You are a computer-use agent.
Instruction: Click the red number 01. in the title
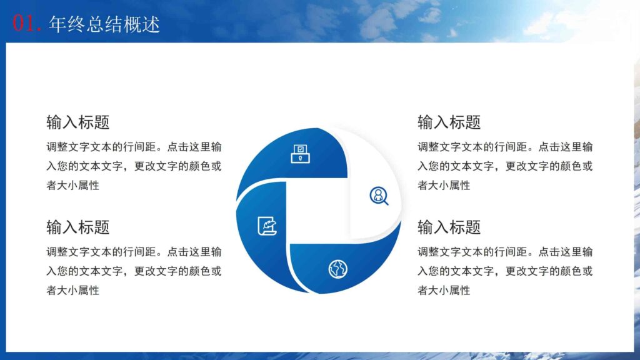(27, 24)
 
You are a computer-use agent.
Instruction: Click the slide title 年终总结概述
(104, 24)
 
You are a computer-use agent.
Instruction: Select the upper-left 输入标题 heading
(78, 122)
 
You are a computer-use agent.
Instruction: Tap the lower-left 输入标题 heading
(78, 227)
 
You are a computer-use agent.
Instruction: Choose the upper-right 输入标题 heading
(449, 122)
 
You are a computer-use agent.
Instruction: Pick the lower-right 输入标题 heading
(449, 227)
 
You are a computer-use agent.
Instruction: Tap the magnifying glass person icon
(379, 196)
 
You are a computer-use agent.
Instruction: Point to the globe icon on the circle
(337, 269)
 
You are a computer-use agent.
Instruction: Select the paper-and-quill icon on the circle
(266, 226)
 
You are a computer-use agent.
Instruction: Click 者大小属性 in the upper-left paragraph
(72, 185)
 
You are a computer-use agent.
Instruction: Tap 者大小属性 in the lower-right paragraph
(444, 290)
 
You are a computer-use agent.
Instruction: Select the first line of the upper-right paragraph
(505, 147)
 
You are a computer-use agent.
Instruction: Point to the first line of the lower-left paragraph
(134, 252)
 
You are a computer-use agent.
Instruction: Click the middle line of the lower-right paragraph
(505, 271)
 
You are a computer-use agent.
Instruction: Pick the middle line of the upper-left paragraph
(134, 166)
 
